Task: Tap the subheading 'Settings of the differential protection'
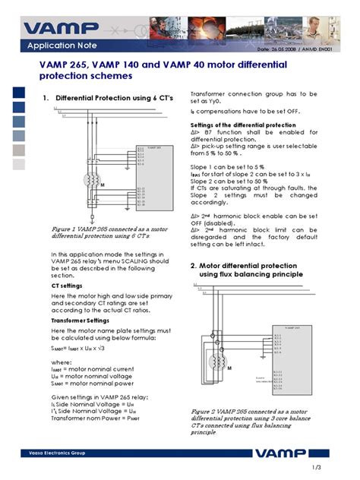(x=243, y=125)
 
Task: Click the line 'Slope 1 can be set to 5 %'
(x=227, y=166)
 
